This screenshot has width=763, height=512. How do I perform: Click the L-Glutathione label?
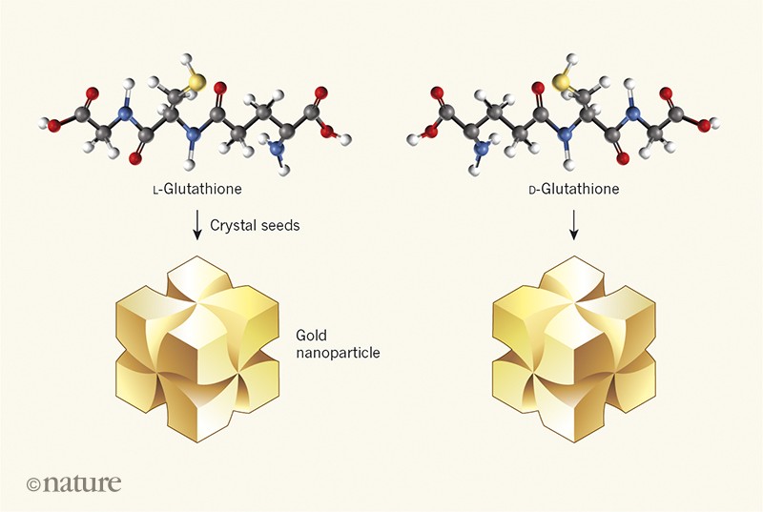click(195, 190)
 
